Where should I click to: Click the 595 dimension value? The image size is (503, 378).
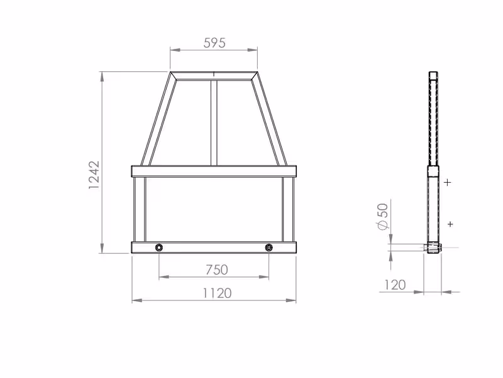(x=214, y=43)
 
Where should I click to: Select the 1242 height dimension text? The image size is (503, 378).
(x=94, y=175)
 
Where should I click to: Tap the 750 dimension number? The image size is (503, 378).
(x=216, y=270)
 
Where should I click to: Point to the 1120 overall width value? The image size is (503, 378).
(x=217, y=293)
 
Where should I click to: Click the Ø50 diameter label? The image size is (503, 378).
(x=383, y=216)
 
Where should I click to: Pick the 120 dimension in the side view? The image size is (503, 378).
(x=395, y=285)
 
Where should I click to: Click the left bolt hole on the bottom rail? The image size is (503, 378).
(x=159, y=248)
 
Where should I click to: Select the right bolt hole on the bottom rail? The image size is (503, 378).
(x=269, y=248)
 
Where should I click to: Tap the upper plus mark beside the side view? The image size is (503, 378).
(x=448, y=183)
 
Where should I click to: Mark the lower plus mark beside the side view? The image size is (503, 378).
(x=450, y=224)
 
